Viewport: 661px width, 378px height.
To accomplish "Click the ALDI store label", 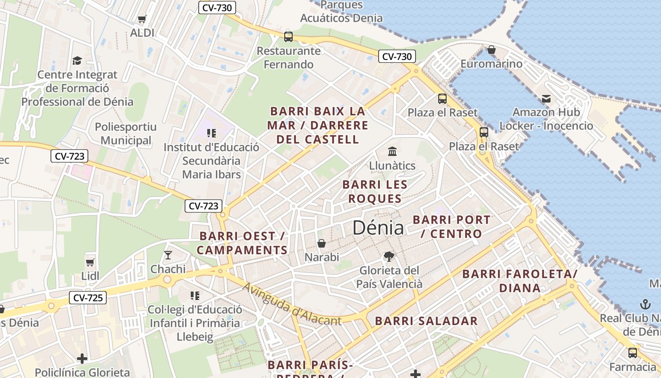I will [142, 33].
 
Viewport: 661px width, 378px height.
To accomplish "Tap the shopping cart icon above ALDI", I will [142, 19].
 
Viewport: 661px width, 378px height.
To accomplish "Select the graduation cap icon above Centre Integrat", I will [77, 60].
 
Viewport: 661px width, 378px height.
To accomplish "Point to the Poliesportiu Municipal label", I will [126, 134].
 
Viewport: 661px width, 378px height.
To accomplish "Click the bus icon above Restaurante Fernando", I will [288, 36].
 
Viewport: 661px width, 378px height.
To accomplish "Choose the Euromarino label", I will [491, 64].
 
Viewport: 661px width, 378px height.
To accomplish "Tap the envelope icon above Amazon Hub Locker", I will [546, 98].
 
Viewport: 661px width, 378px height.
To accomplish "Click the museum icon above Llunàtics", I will [392, 151].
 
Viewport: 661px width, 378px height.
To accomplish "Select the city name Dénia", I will [378, 228].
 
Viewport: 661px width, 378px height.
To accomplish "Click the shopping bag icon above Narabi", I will [322, 243].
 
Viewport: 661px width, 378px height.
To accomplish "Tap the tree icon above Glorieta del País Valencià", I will [389, 257].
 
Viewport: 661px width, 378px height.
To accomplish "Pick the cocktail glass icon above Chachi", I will [168, 255].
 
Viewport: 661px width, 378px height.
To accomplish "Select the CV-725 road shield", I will [88, 298].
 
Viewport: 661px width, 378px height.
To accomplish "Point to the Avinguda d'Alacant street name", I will [292, 304].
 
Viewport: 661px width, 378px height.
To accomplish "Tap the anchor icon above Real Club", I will [644, 304].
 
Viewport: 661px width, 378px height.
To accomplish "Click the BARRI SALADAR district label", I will [426, 321].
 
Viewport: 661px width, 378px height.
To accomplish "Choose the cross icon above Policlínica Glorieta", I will [82, 359].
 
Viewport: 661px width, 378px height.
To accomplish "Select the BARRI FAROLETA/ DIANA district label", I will [519, 281].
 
